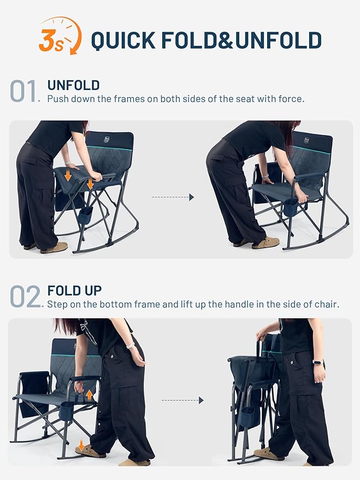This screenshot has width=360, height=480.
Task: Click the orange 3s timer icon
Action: pyautogui.click(x=60, y=36)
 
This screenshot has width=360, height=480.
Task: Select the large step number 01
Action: pyautogui.click(x=25, y=92)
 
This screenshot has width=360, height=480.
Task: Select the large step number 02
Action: pyautogui.click(x=25, y=297)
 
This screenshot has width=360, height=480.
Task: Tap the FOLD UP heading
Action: pyautogui.click(x=74, y=291)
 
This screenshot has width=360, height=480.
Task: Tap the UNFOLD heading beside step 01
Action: pyautogui.click(x=73, y=85)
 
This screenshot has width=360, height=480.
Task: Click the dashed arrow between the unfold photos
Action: pyautogui.click(x=173, y=197)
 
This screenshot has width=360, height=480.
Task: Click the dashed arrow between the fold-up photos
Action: pyautogui.click(x=182, y=400)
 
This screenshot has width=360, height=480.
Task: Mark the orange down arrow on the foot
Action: pyautogui.click(x=81, y=446)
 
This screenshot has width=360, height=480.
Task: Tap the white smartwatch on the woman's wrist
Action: pyautogui.click(x=129, y=345)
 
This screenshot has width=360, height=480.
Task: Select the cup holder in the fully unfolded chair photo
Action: pyautogui.click(x=291, y=207)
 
